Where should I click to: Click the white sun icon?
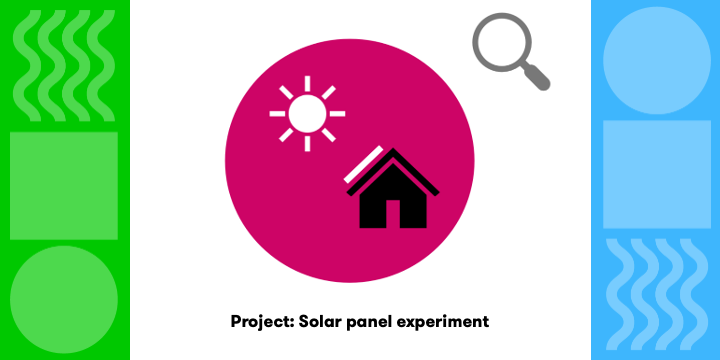[x=307, y=114]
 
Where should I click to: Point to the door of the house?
[x=393, y=213]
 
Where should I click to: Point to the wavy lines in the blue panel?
[x=656, y=290]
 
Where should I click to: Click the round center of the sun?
[x=307, y=114]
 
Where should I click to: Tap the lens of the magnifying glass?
[x=500, y=43]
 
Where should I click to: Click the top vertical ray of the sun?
[x=307, y=83]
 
